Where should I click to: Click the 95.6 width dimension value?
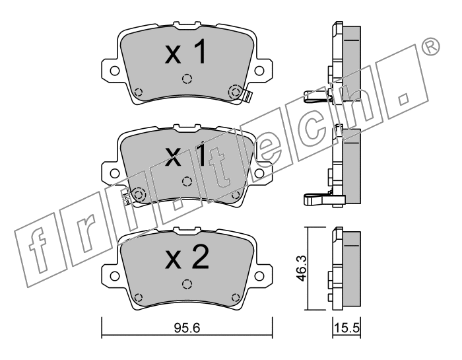(187, 328)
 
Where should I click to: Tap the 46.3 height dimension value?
(302, 268)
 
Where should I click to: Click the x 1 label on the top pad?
(185, 52)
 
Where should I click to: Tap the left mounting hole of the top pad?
(115, 71)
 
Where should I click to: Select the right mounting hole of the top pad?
(259, 71)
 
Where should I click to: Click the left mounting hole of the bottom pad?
(115, 276)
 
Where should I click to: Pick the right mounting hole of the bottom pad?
(259, 276)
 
